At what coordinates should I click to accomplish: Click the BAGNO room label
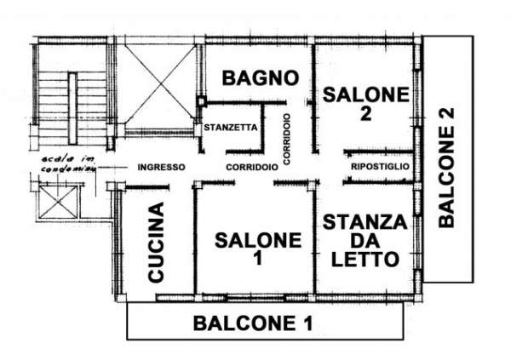pyautogui.click(x=261, y=78)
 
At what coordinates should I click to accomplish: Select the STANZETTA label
pyautogui.click(x=230, y=128)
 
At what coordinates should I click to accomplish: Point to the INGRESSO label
pyautogui.click(x=161, y=168)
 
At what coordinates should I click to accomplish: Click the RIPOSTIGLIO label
pyautogui.click(x=381, y=168)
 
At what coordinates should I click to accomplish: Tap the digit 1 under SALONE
pyautogui.click(x=256, y=260)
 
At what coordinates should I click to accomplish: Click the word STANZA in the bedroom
pyautogui.click(x=365, y=222)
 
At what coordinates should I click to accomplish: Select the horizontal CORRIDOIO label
pyautogui.click(x=251, y=168)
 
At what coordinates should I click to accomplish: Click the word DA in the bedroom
pyautogui.click(x=365, y=241)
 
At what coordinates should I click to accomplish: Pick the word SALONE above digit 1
pyautogui.click(x=256, y=240)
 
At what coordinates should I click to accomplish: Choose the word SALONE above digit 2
pyautogui.click(x=365, y=95)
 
